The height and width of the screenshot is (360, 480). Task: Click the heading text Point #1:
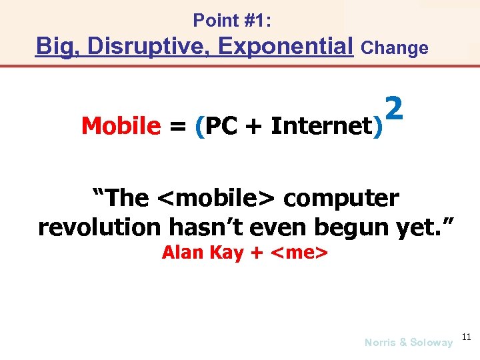(x=232, y=21)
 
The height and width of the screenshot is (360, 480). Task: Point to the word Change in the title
(x=394, y=48)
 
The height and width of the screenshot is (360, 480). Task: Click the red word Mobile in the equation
(x=121, y=125)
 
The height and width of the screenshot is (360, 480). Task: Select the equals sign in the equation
(x=177, y=126)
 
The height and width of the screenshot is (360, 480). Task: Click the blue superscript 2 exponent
(x=394, y=107)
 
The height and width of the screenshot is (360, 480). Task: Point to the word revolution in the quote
(x=99, y=227)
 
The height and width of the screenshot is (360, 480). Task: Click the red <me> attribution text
(x=298, y=253)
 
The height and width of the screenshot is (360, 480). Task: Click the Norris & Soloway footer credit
(x=408, y=342)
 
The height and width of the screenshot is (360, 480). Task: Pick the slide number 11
(x=465, y=338)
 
